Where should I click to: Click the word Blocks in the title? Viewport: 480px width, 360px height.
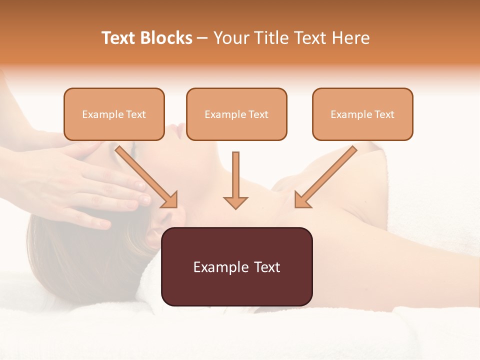166,38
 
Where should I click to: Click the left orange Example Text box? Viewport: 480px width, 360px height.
114,114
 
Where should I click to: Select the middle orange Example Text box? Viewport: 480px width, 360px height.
236,114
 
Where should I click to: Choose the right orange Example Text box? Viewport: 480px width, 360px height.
362,114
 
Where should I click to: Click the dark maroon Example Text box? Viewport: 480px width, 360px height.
236,266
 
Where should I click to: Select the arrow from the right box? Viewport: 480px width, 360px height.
325,176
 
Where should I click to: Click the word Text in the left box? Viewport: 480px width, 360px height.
136,114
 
